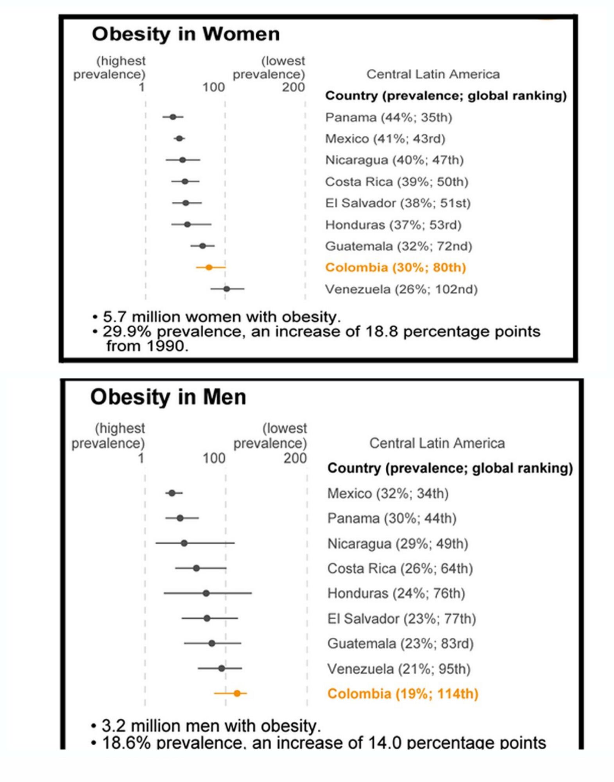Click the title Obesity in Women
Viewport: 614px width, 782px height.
pos(186,34)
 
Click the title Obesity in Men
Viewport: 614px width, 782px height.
pos(168,397)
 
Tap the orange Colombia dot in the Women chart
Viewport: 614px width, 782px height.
pos(209,267)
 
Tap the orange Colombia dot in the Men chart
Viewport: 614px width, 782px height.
pos(237,693)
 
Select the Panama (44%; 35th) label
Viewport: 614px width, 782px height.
pos(388,117)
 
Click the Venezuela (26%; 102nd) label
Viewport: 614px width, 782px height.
pos(401,289)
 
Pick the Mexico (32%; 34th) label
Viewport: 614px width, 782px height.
pos(388,493)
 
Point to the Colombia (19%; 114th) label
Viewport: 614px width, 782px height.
pos(403,694)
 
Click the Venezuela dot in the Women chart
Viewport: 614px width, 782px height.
pos(227,289)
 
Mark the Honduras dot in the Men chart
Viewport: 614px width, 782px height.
pos(206,593)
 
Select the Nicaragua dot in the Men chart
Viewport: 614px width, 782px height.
pos(184,543)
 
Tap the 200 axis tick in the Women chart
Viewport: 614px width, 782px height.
pos(294,87)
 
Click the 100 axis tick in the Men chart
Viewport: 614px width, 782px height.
pos(214,458)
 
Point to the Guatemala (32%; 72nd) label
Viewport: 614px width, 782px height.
pos(399,246)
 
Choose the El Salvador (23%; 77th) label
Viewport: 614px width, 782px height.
pos(401,619)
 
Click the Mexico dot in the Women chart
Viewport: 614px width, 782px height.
pos(179,138)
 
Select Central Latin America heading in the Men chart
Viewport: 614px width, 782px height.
pos(437,443)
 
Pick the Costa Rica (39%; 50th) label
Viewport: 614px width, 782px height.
pos(397,182)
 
